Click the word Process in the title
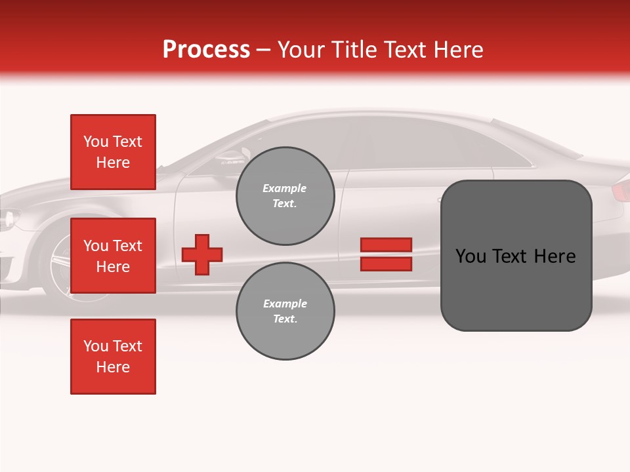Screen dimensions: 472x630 point(206,50)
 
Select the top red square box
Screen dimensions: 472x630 point(113,152)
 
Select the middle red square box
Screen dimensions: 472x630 point(113,256)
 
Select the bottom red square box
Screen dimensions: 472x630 point(113,357)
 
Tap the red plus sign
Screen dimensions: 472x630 point(202,254)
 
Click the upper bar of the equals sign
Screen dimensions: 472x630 point(386,245)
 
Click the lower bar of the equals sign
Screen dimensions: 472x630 point(386,264)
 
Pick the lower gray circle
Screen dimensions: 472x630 point(285,311)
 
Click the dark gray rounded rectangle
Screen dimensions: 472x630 point(516,288)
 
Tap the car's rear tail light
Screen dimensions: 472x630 point(620,191)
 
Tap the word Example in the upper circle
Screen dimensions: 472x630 point(284,188)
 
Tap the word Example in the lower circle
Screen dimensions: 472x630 point(285,304)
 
